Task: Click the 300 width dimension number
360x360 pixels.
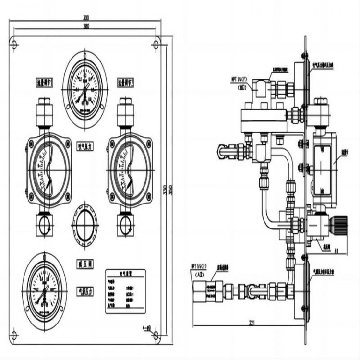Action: pyautogui.click(x=86, y=18)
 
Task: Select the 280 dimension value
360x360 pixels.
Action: pyautogui.click(x=86, y=25)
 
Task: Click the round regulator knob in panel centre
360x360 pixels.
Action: pyautogui.click(x=85, y=224)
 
